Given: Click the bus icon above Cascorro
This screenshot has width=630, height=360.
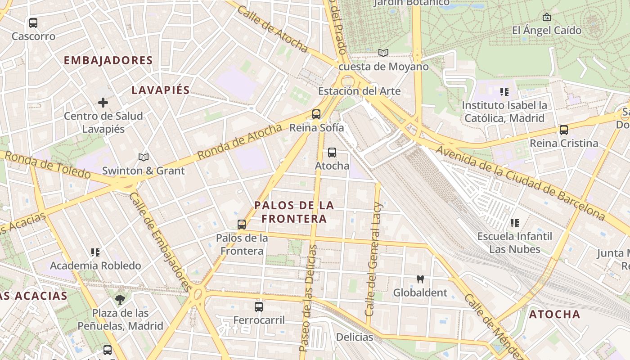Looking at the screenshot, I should (33, 22).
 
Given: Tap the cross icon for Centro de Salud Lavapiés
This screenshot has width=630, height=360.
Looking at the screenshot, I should (103, 103).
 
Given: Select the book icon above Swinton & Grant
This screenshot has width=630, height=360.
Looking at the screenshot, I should (144, 157).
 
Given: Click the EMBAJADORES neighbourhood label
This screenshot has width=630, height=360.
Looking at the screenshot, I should (108, 60).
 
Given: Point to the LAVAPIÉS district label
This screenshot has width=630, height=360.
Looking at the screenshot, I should (161, 90).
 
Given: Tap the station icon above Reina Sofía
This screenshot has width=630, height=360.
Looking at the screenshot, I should (316, 114).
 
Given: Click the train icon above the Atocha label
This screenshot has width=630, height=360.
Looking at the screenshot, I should (332, 153).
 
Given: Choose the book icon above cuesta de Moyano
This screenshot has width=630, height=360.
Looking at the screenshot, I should (383, 53).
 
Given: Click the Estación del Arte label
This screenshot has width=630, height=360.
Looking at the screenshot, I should (359, 91).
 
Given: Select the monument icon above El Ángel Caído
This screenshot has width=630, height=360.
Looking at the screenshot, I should (547, 17).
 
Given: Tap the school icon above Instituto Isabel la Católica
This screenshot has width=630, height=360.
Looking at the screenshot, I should (504, 92).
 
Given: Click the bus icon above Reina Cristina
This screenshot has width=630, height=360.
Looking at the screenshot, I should (564, 130).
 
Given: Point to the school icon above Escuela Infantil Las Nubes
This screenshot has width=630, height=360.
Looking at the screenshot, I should (515, 223).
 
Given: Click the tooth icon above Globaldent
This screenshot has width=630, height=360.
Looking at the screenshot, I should (420, 279).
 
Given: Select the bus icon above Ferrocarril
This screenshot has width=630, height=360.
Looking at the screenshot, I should (259, 307).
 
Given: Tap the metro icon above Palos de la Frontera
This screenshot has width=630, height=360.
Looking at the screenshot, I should (242, 224).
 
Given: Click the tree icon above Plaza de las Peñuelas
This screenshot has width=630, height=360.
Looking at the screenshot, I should (120, 299).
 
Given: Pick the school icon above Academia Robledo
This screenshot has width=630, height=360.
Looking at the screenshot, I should (95, 252).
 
